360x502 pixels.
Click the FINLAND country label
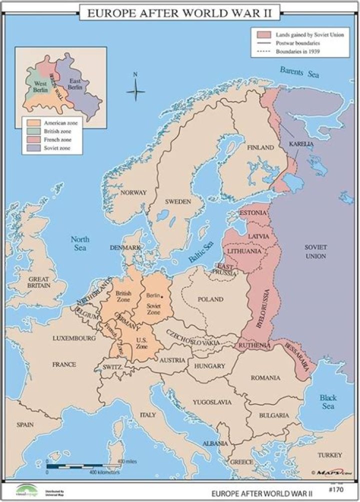(x=260, y=148)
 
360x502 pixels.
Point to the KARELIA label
(x=301, y=144)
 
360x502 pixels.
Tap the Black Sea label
(x=328, y=402)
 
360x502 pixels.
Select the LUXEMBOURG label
(x=74, y=338)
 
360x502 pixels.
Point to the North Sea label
(x=79, y=243)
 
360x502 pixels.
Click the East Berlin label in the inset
(x=75, y=84)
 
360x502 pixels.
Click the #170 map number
(x=335, y=483)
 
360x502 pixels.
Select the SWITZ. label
(x=112, y=367)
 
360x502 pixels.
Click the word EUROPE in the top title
(x=109, y=13)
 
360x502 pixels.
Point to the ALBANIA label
(x=216, y=443)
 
